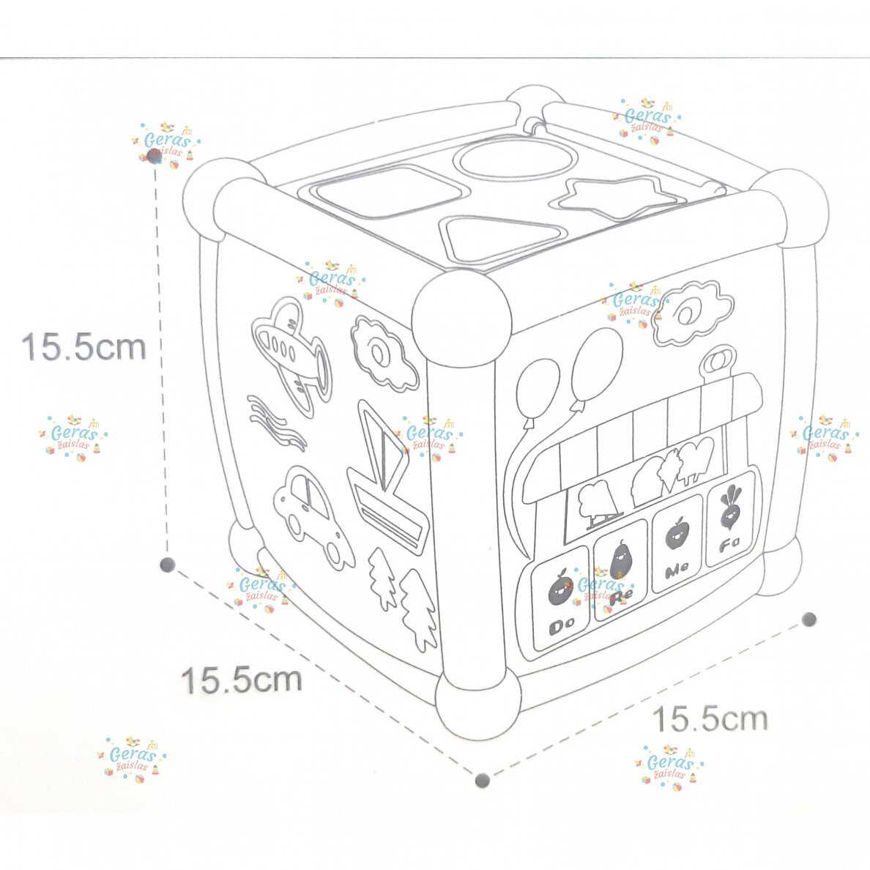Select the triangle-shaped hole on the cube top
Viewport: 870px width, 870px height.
tap(496, 237)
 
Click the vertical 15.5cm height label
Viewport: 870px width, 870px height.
tap(83, 347)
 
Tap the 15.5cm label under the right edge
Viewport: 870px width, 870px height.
tap(710, 718)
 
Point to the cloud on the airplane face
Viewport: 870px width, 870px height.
tap(383, 353)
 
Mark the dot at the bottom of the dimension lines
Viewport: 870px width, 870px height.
tap(483, 780)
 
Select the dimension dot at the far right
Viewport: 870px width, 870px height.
tap(809, 619)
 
